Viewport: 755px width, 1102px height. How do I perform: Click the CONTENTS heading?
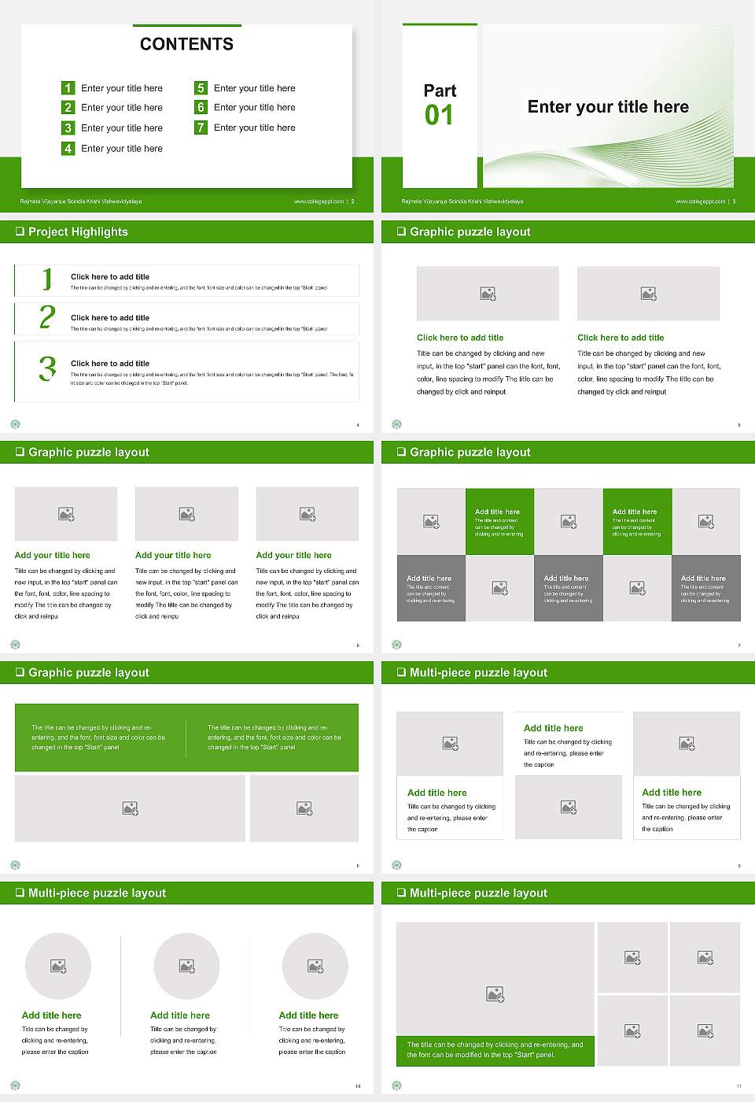[186, 44]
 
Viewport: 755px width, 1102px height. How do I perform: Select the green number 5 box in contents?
[201, 88]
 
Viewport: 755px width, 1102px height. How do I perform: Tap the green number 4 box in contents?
[68, 148]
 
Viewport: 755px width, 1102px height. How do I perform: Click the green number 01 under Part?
[439, 116]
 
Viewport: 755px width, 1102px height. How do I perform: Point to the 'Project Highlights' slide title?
[78, 231]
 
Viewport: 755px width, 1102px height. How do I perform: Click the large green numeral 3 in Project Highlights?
[47, 368]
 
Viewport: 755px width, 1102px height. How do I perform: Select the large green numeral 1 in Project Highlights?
[47, 279]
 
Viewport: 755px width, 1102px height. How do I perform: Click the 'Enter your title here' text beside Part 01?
[608, 107]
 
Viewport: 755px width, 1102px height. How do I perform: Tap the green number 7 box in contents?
[201, 128]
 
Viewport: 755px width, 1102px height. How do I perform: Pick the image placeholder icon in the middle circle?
[186, 966]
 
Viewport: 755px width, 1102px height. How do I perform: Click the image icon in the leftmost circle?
[58, 966]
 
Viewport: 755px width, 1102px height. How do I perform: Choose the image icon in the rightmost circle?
[315, 966]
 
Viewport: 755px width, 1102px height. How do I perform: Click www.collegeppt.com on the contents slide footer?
[319, 202]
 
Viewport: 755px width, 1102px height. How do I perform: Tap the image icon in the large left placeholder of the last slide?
[495, 995]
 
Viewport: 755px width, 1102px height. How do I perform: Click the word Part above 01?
[440, 91]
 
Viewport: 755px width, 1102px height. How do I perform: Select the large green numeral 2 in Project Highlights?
[47, 317]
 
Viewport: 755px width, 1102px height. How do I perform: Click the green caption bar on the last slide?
[495, 1050]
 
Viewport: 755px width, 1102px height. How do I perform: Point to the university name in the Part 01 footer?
[462, 202]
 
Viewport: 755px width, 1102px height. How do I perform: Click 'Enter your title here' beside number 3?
[122, 128]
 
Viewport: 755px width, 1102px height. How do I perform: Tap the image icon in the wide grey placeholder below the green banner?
[131, 808]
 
